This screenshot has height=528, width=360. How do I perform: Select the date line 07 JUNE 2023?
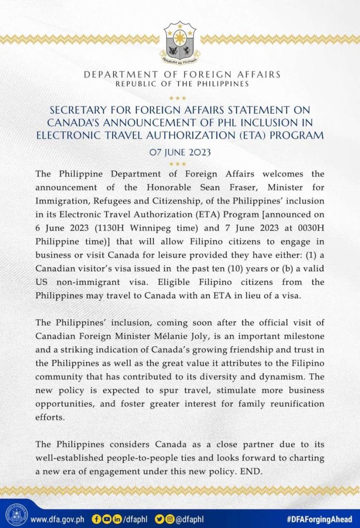(180, 153)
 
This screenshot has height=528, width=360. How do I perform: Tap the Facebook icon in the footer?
(97, 519)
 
